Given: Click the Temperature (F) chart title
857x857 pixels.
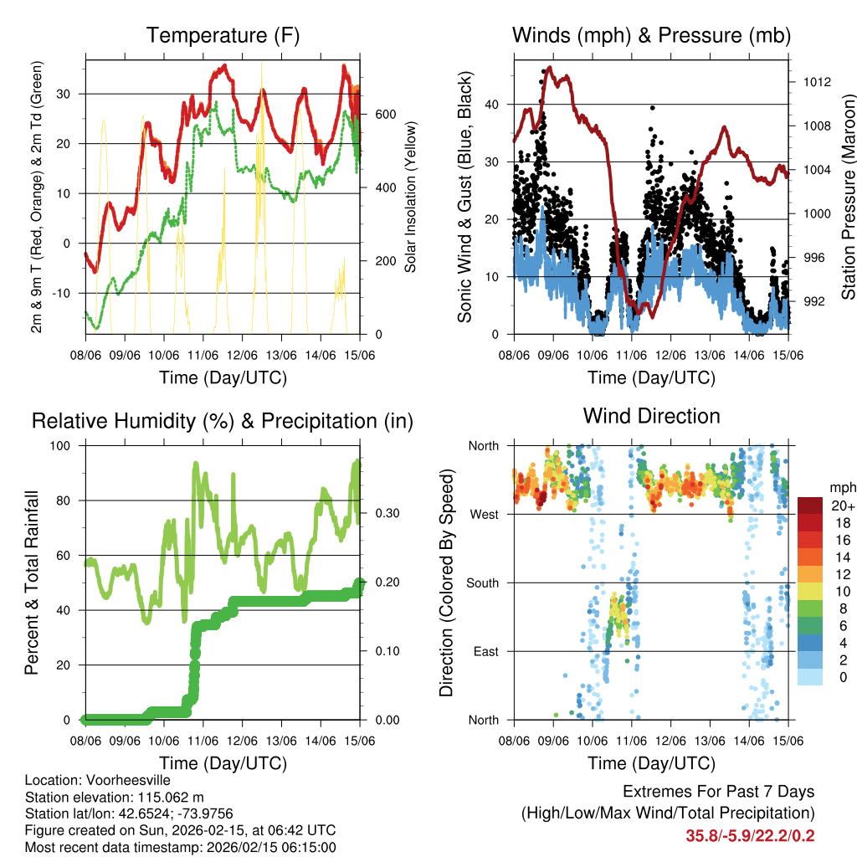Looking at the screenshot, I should click(x=223, y=35).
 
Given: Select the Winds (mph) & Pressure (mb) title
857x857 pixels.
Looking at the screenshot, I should click(x=651, y=35).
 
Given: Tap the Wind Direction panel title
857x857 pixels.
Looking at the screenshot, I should click(x=651, y=416).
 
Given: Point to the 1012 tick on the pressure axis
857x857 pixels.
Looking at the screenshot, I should click(x=816, y=82).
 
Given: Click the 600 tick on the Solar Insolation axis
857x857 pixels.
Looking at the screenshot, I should click(x=384, y=114).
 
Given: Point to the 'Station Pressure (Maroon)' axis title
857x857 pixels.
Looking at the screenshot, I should click(x=847, y=186).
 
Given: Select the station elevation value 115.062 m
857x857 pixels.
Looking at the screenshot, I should click(x=163, y=797).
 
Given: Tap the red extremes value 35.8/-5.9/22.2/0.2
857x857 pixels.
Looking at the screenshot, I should click(x=750, y=835).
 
